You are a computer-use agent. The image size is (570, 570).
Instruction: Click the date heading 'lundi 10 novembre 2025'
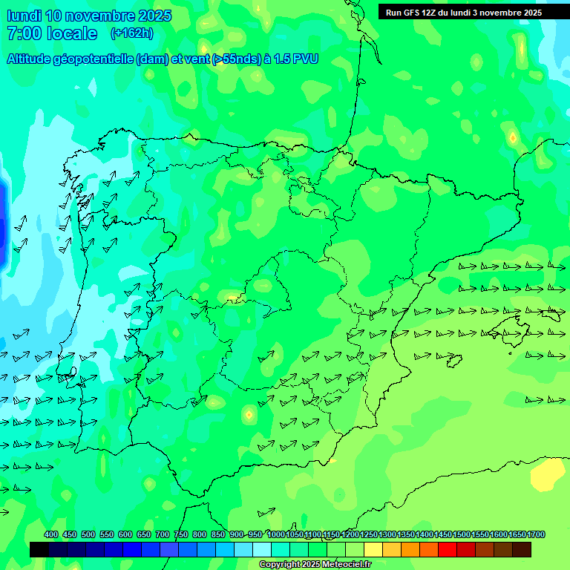(89, 16)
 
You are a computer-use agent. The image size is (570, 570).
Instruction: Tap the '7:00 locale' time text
(51, 33)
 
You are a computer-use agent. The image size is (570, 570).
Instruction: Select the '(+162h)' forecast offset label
(131, 33)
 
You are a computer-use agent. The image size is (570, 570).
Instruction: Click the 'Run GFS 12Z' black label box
(463, 13)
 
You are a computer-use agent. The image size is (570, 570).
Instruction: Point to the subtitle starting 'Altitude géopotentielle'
(163, 59)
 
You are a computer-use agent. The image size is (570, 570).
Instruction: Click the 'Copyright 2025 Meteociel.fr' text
(315, 565)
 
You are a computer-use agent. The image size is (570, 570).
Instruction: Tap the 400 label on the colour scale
(51, 535)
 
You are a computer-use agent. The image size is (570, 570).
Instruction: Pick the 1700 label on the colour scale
(537, 535)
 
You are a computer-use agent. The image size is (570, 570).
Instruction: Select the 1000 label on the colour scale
(276, 535)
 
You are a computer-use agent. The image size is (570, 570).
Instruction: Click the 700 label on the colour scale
(163, 535)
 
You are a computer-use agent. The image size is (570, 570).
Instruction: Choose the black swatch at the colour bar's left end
(39, 550)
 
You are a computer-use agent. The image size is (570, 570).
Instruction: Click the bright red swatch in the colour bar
(448, 550)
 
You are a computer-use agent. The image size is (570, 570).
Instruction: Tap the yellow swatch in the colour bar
(373, 550)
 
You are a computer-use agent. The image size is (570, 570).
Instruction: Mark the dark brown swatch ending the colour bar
(522, 550)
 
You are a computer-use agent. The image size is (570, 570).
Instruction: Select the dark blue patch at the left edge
(3, 219)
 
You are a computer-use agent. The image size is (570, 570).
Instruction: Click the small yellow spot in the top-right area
(512, 137)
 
